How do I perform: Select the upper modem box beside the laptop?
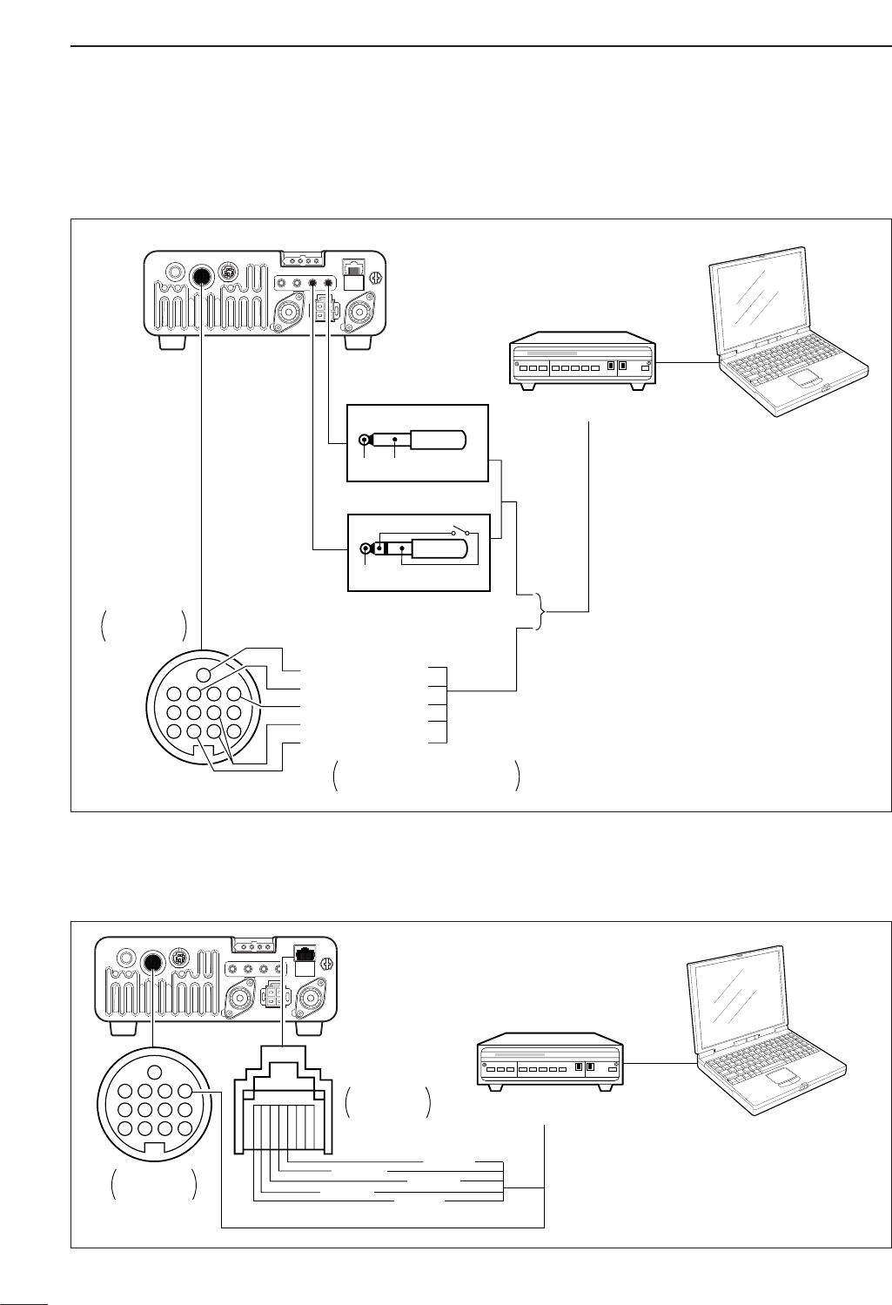click(x=581, y=358)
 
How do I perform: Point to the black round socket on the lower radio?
click(x=152, y=961)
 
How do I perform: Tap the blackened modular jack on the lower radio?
click(x=305, y=952)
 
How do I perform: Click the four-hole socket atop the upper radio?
click(x=301, y=259)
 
